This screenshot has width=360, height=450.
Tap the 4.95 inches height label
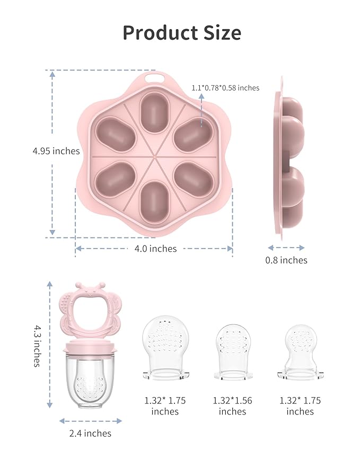click(x=56, y=151)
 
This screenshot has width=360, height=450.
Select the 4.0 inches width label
click(x=155, y=249)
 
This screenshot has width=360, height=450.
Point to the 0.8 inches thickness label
click(x=286, y=260)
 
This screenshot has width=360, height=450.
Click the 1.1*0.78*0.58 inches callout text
click(x=225, y=88)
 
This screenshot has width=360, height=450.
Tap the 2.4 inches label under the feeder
click(x=90, y=433)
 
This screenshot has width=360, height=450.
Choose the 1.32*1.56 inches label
click(x=233, y=406)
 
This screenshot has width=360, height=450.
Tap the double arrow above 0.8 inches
click(x=286, y=248)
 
